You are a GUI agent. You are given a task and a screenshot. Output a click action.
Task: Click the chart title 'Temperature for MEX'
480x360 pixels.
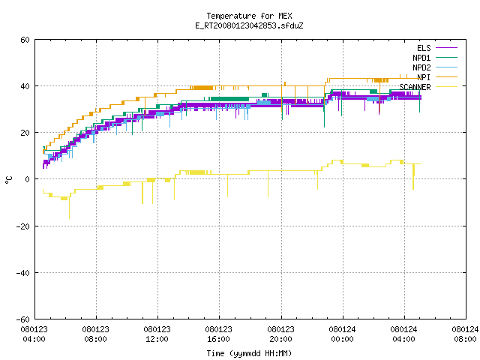(x=249, y=16)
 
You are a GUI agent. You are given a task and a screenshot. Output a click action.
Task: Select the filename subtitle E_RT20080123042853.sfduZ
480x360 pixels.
(x=249, y=25)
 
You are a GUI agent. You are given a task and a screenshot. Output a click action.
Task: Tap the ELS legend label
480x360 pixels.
(x=424, y=48)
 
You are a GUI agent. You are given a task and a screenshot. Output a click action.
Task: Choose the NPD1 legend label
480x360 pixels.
(x=421, y=58)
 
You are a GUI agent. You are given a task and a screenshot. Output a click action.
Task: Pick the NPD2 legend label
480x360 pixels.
(x=421, y=67)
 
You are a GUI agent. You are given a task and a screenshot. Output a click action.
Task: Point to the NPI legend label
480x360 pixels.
(x=424, y=77)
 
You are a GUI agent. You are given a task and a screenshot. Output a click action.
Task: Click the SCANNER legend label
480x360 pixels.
(x=415, y=87)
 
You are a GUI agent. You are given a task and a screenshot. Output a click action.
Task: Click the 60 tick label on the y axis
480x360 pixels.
(x=25, y=40)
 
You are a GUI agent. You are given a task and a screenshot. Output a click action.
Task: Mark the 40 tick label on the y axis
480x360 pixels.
(x=25, y=86)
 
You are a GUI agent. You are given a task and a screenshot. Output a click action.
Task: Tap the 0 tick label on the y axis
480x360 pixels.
(x=28, y=179)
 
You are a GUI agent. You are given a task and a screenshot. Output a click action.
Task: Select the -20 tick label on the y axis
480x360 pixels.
(x=23, y=226)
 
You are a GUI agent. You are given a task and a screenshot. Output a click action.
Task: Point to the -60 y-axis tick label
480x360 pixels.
(x=23, y=319)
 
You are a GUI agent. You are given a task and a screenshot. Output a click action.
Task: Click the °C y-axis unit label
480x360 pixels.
(x=8, y=180)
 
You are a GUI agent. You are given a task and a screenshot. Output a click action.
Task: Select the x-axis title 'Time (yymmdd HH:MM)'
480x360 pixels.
(x=249, y=353)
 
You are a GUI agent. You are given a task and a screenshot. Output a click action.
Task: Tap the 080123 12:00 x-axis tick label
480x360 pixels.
(x=157, y=334)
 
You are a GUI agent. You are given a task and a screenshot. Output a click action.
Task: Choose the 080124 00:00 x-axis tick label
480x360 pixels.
(x=342, y=334)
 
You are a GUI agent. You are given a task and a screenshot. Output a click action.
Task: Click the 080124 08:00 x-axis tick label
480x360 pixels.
(x=465, y=334)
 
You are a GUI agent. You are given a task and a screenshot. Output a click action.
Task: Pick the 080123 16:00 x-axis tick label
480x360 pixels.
(x=218, y=334)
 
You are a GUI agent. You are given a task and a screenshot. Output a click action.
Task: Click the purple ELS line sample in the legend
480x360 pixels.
(x=446, y=48)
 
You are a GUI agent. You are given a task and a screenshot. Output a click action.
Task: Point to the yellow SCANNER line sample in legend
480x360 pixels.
(x=446, y=87)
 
